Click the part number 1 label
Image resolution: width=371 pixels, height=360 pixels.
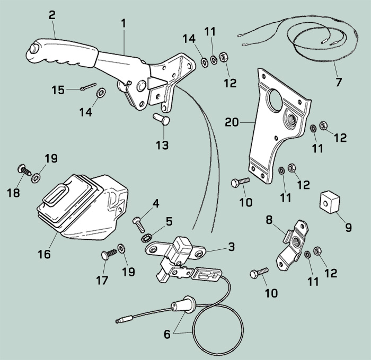(123, 24)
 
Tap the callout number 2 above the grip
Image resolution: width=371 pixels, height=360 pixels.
(52, 15)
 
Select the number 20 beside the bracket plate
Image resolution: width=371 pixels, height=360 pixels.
(232, 122)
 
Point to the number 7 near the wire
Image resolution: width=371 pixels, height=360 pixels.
(338, 83)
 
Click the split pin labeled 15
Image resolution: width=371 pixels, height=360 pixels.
(90, 88)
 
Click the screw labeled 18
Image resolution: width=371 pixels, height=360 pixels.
(25, 171)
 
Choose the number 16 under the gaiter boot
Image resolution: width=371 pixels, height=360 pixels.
(44, 255)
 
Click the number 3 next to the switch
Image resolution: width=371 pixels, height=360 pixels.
(232, 247)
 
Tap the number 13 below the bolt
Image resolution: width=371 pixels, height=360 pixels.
(162, 145)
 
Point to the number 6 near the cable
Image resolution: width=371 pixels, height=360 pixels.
(167, 334)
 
